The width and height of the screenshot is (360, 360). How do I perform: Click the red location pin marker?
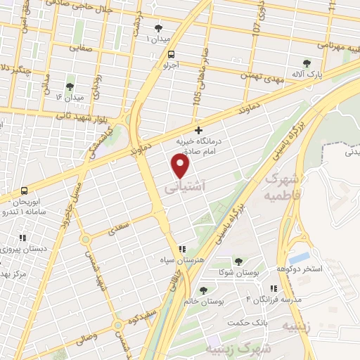click(181, 166)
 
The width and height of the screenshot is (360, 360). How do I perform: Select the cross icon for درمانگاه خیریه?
click(199, 130)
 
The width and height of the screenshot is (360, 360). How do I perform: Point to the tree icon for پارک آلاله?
click(306, 63)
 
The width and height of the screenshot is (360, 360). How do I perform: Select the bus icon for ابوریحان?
click(25, 191)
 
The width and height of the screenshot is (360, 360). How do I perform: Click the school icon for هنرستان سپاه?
click(182, 248)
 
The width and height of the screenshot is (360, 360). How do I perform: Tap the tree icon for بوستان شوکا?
click(237, 261)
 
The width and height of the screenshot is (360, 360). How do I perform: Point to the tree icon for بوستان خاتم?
click(203, 290)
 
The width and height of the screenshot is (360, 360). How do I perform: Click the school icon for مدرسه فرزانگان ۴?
click(273, 288)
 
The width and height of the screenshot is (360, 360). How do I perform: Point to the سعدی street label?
click(120, 229)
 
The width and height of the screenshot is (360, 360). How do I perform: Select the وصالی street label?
click(86, 339)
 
